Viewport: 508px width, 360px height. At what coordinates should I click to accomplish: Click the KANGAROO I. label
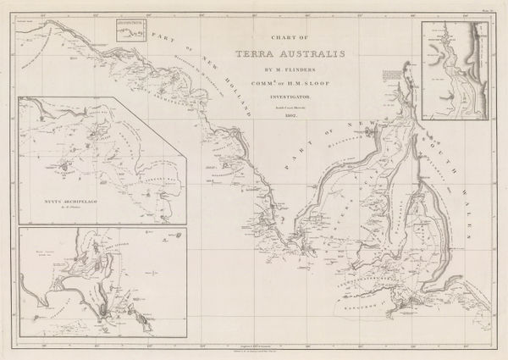tap(377, 324)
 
